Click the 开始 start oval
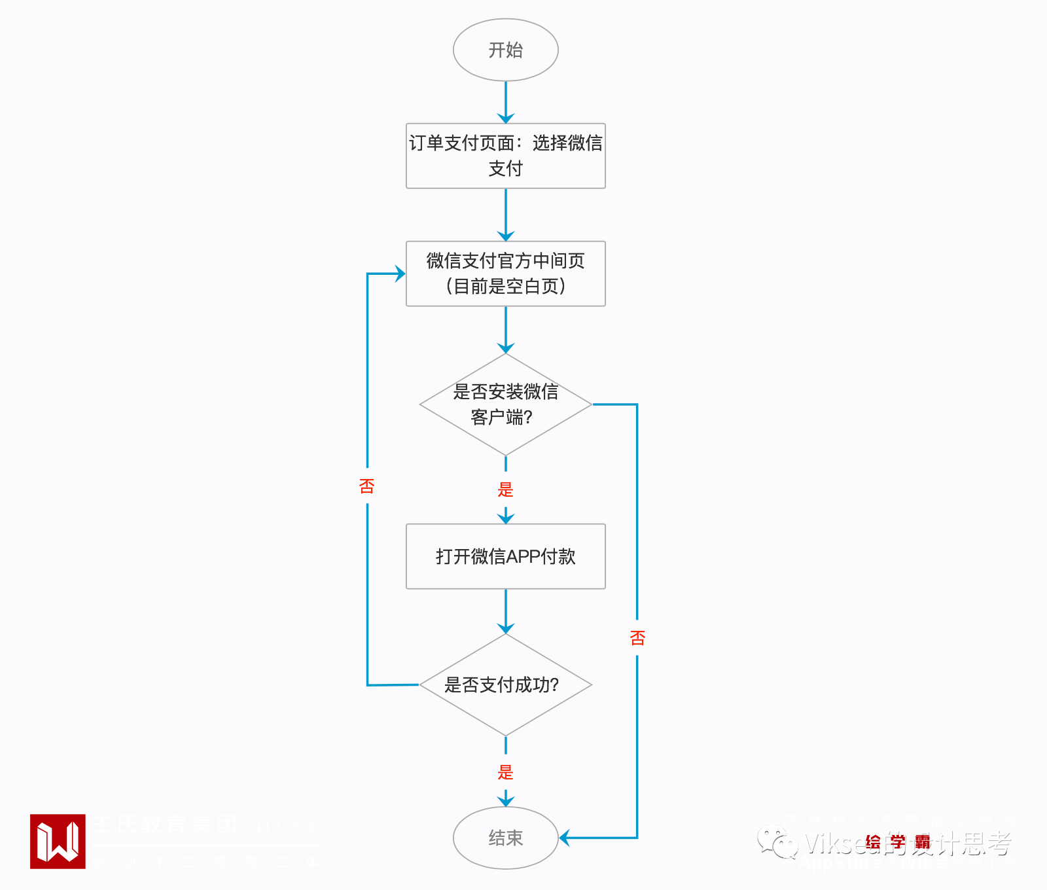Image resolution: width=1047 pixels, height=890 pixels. coord(505,50)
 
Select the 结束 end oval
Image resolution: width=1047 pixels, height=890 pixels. coord(505,838)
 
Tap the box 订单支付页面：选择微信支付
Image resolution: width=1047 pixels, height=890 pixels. coord(505,156)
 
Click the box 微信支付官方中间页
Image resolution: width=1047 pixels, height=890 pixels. coord(505,274)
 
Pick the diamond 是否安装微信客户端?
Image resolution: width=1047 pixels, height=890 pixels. coord(505,404)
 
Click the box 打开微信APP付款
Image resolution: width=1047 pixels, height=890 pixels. coord(505,556)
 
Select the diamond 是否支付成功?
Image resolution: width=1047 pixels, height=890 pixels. coord(505,685)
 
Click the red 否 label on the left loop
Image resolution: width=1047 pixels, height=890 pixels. coord(366,486)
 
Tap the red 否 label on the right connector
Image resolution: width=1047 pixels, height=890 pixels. coord(637,638)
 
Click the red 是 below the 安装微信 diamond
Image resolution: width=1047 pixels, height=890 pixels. coord(505,489)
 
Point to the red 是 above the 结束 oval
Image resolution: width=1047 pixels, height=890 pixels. coord(505,772)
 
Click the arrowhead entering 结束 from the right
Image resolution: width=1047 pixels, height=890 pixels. coord(565,838)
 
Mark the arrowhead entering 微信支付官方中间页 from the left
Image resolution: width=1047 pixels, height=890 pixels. coord(400,274)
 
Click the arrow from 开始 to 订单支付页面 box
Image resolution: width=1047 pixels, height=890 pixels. coord(505,102)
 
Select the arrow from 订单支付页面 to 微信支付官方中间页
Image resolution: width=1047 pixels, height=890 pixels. coord(505,215)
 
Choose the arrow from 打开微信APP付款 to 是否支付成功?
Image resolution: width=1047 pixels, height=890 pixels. coord(505,611)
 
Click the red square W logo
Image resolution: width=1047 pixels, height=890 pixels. coord(58,842)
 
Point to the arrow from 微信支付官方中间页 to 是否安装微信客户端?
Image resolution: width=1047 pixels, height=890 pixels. coord(505,330)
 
